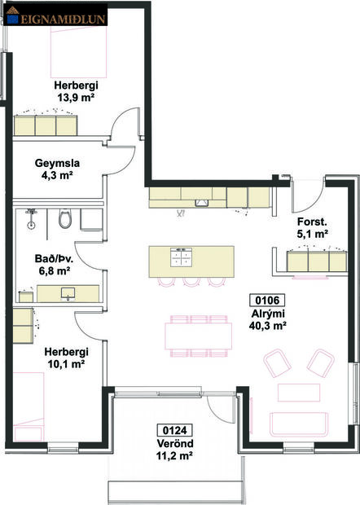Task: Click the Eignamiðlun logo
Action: coord(57,13)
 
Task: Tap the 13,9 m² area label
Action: coord(75,97)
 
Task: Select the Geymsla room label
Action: coord(55,161)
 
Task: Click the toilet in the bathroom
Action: coord(66,218)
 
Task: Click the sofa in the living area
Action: coord(301,424)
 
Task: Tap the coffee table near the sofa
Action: coord(295,391)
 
